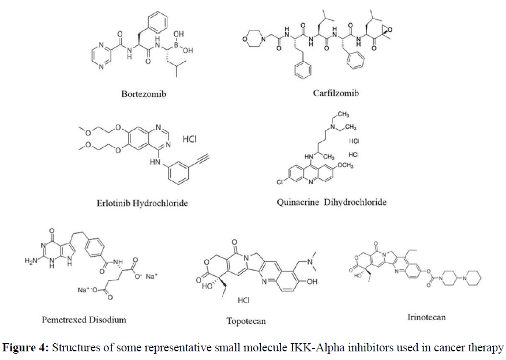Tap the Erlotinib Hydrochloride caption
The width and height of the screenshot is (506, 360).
tap(143, 202)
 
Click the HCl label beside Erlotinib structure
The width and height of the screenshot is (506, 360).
tap(191, 139)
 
